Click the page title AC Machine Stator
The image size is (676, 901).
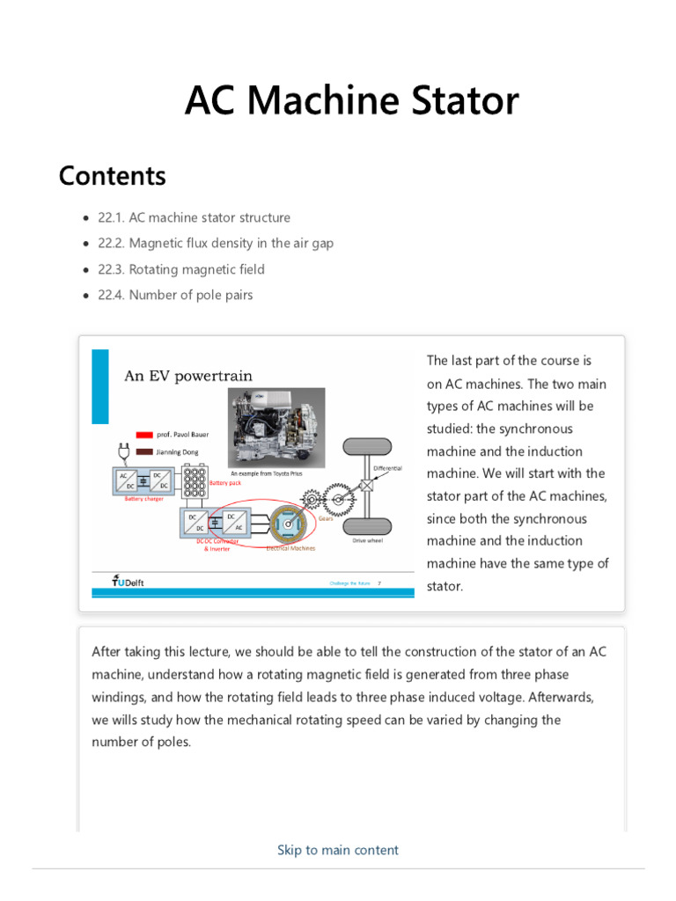(x=351, y=102)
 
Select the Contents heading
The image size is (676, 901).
(x=112, y=176)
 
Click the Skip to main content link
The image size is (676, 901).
(x=337, y=850)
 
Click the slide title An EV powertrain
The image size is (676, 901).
(x=188, y=376)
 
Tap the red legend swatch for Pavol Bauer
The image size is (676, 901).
(x=145, y=435)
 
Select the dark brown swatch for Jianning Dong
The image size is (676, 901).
(x=145, y=452)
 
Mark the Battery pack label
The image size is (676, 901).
(x=224, y=483)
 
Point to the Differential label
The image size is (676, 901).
(x=387, y=468)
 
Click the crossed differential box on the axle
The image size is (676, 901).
(x=365, y=486)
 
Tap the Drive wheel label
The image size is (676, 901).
(x=368, y=540)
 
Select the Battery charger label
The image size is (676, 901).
(x=143, y=499)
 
